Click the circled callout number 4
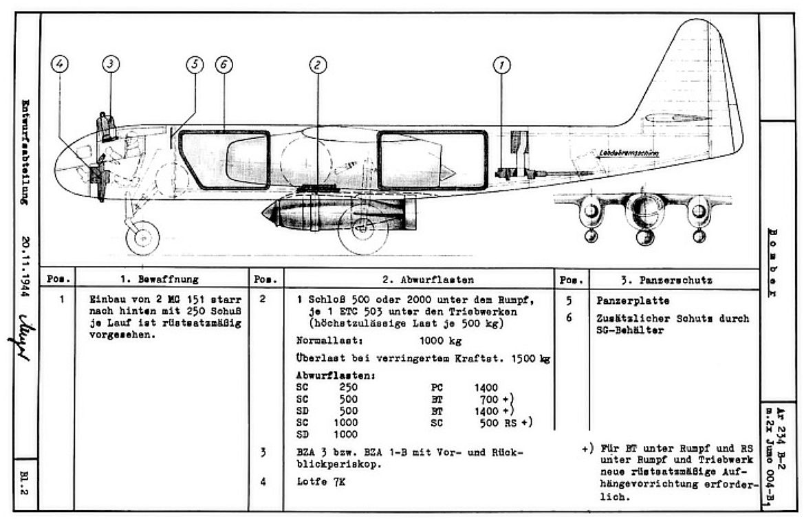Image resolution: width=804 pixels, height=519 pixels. pyautogui.click(x=61, y=64)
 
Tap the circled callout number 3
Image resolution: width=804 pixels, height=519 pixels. pyautogui.click(x=111, y=64)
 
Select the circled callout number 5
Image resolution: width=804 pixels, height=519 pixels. pyautogui.click(x=195, y=64)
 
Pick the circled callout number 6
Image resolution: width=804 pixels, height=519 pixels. pyautogui.click(x=224, y=64)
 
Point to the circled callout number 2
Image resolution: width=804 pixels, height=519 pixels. pyautogui.click(x=316, y=65)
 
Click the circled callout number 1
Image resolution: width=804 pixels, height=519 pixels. pyautogui.click(x=502, y=65)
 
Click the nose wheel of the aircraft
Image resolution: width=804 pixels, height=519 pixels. pyautogui.click(x=142, y=238)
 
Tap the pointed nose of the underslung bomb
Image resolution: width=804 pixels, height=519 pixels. pyautogui.click(x=265, y=213)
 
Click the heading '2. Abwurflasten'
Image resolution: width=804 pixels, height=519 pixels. pyautogui.click(x=419, y=280)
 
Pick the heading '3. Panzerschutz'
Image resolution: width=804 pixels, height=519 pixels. pyautogui.click(x=666, y=280)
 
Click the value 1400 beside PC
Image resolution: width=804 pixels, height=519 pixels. pyautogui.click(x=486, y=388)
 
